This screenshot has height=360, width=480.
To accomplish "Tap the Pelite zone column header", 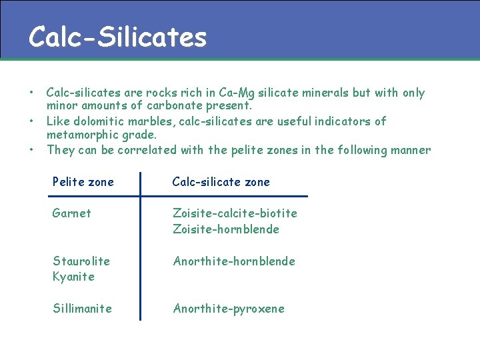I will [x=83, y=182].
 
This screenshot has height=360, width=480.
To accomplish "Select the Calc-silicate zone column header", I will [x=221, y=182].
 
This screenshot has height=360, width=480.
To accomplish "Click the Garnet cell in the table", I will [x=72, y=213].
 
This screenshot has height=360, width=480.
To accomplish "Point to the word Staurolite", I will [x=81, y=261].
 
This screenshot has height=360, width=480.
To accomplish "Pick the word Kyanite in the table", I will [x=73, y=276].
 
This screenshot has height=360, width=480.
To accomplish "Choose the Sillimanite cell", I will [x=82, y=308].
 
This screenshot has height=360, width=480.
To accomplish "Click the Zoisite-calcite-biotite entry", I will [x=235, y=213].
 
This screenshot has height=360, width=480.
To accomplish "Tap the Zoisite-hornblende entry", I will [x=226, y=229].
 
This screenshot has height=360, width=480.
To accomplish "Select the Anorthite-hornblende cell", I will [x=234, y=261].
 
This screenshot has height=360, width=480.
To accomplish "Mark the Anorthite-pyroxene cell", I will [x=229, y=308].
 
